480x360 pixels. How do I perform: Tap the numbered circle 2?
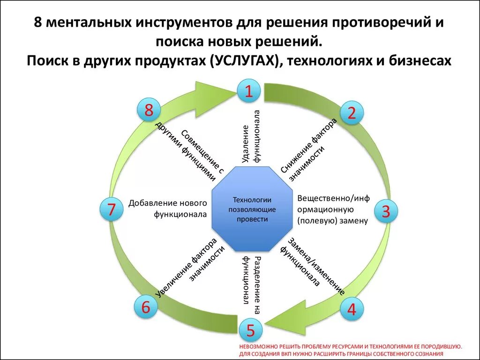pos(352,112)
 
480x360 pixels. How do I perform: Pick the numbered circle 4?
pos(351,308)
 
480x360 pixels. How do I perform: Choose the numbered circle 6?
pos(146,307)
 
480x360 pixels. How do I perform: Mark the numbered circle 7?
pos(112,210)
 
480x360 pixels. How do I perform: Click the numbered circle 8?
pos(149,111)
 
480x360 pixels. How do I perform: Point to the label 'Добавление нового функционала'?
pos(167,209)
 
